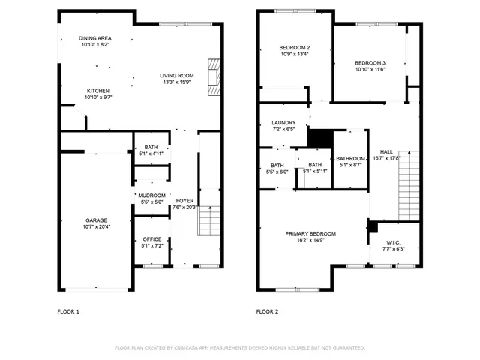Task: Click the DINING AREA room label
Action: [x=96, y=38]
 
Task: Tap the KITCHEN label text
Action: [x=97, y=90]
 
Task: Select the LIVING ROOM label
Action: [x=177, y=74]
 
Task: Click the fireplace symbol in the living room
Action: [x=214, y=78]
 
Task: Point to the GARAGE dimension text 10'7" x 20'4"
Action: [x=96, y=227]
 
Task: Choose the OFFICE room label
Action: [x=151, y=239]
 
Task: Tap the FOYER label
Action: [x=184, y=201]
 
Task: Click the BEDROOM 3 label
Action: [x=370, y=62]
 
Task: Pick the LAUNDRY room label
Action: [x=283, y=123]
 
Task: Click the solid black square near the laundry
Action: [x=321, y=139]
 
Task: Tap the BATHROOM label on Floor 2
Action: [x=349, y=158]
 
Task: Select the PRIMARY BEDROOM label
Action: [x=310, y=234]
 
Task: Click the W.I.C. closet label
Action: [x=393, y=242]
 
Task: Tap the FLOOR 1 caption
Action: [x=68, y=310]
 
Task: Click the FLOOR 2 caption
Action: [x=267, y=310]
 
